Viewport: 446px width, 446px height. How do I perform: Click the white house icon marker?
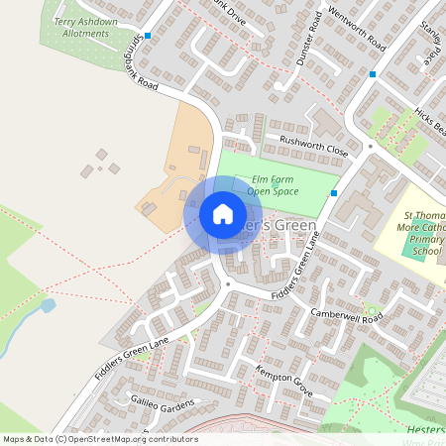coord(223,214)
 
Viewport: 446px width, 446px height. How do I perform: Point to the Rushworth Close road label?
coord(314,147)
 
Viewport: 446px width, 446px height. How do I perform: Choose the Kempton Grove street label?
coord(283,381)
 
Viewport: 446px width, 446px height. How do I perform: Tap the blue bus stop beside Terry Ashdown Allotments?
coord(148,36)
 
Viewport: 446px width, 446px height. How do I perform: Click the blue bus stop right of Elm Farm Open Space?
coord(334,192)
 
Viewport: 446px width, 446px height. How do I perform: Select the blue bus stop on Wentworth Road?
coord(373,73)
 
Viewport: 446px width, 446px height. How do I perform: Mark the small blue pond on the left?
coord(48,305)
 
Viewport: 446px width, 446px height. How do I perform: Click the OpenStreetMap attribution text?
coord(100,438)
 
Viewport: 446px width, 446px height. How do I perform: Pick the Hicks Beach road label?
coord(432,123)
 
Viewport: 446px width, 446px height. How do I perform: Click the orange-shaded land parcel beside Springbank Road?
coord(178,159)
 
